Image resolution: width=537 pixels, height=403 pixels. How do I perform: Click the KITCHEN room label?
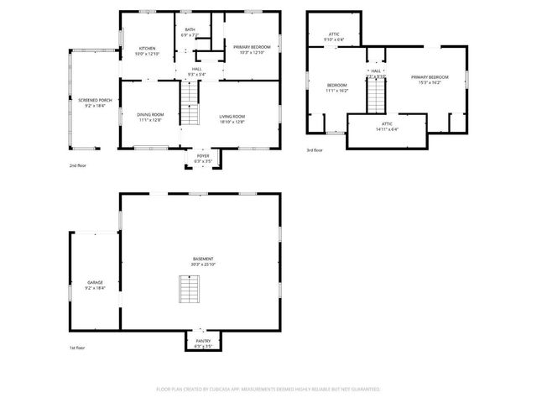148,49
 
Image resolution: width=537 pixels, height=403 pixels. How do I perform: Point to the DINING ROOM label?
151,114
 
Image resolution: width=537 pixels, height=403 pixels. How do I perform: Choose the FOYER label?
203,154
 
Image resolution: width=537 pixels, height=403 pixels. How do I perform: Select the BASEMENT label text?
202,259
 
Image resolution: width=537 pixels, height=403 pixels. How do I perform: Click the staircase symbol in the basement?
190,289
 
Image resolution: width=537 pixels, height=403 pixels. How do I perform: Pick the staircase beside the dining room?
192,108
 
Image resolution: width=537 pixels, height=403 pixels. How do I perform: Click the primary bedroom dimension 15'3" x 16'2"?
430,83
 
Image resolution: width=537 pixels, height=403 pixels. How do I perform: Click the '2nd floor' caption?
78,165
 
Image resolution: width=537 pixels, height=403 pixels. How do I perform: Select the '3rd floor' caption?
315,150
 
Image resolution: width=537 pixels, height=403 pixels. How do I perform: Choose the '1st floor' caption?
77,347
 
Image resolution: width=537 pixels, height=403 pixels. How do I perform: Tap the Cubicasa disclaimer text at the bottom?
268,389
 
